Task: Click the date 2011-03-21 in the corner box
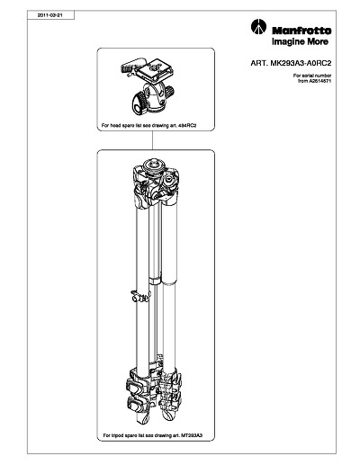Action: click(x=49, y=15)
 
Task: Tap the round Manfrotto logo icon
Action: click(x=258, y=27)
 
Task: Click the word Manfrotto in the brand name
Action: click(x=301, y=31)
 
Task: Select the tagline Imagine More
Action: click(x=300, y=41)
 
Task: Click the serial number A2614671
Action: click(x=320, y=81)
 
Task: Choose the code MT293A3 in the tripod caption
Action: click(x=192, y=435)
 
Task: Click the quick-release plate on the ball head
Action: click(x=154, y=69)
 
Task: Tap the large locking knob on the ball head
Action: click(x=139, y=103)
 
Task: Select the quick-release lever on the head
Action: click(x=131, y=66)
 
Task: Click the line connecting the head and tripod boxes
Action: click(x=153, y=140)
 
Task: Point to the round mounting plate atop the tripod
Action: click(x=154, y=165)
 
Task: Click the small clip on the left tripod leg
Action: click(x=139, y=296)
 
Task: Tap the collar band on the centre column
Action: click(x=155, y=281)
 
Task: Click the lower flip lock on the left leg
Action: click(x=136, y=404)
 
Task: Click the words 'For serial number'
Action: click(x=312, y=76)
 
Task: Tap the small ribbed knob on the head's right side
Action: click(x=169, y=90)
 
